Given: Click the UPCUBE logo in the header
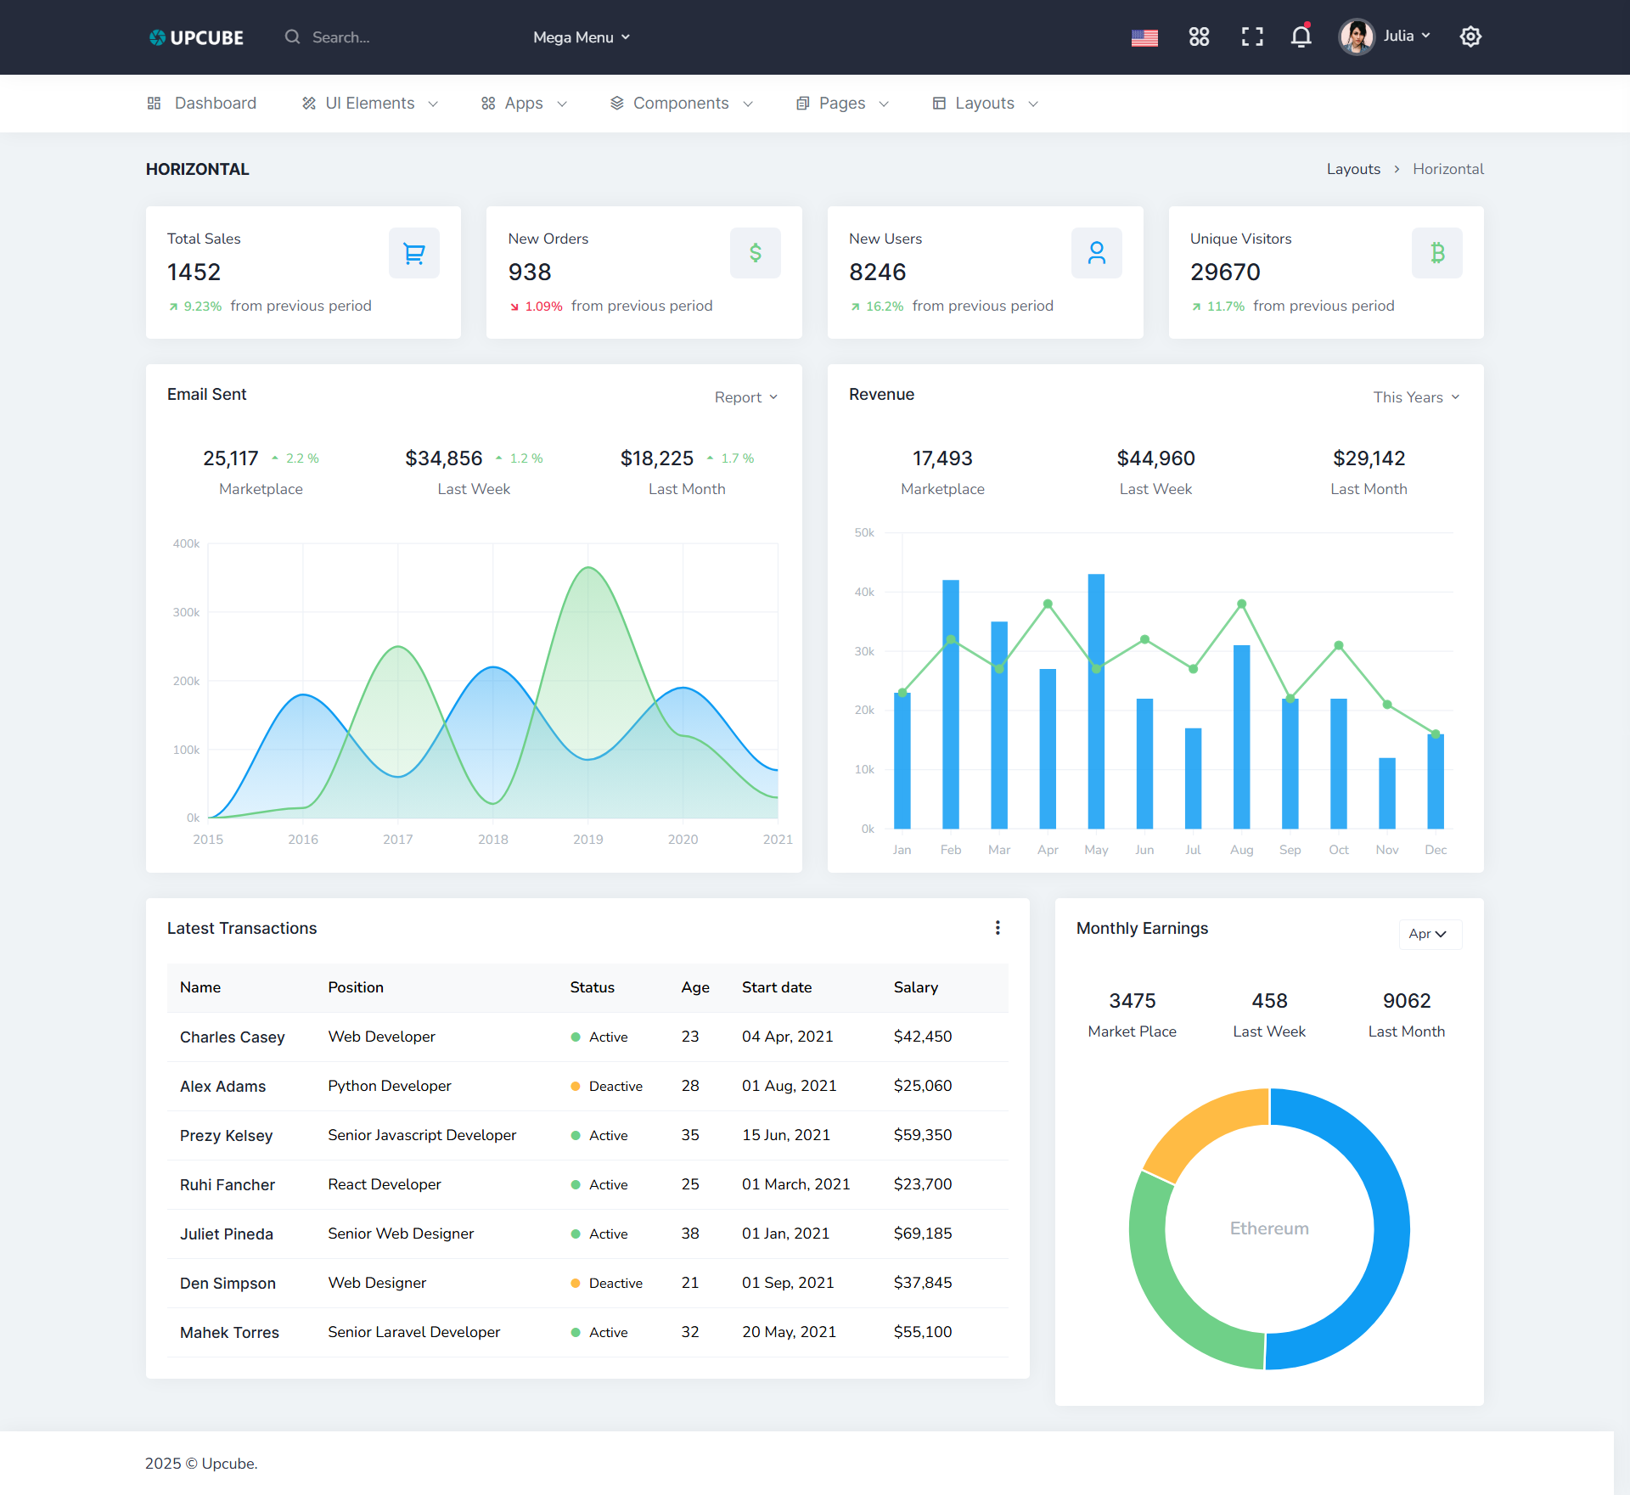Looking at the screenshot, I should (196, 37).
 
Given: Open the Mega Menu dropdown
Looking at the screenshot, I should (582, 37).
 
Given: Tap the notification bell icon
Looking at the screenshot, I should (1301, 37).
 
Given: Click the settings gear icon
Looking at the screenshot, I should (1470, 37).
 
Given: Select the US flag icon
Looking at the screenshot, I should (1144, 37).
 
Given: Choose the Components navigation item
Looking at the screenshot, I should (681, 104).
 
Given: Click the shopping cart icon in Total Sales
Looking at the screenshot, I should (414, 253).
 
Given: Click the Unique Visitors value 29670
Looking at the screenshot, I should (1225, 273).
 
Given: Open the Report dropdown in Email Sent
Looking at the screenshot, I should (745, 397).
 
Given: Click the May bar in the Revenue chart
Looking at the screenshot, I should (1096, 701).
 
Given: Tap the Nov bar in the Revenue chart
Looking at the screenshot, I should (1387, 793).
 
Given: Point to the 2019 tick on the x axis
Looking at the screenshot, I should (587, 840).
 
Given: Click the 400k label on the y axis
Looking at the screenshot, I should (186, 544).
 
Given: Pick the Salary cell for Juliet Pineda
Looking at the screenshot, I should (923, 1234).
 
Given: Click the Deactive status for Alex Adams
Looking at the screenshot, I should (615, 1087).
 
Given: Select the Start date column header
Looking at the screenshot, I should (777, 987).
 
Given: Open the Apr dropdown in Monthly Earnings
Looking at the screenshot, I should (1429, 934).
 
